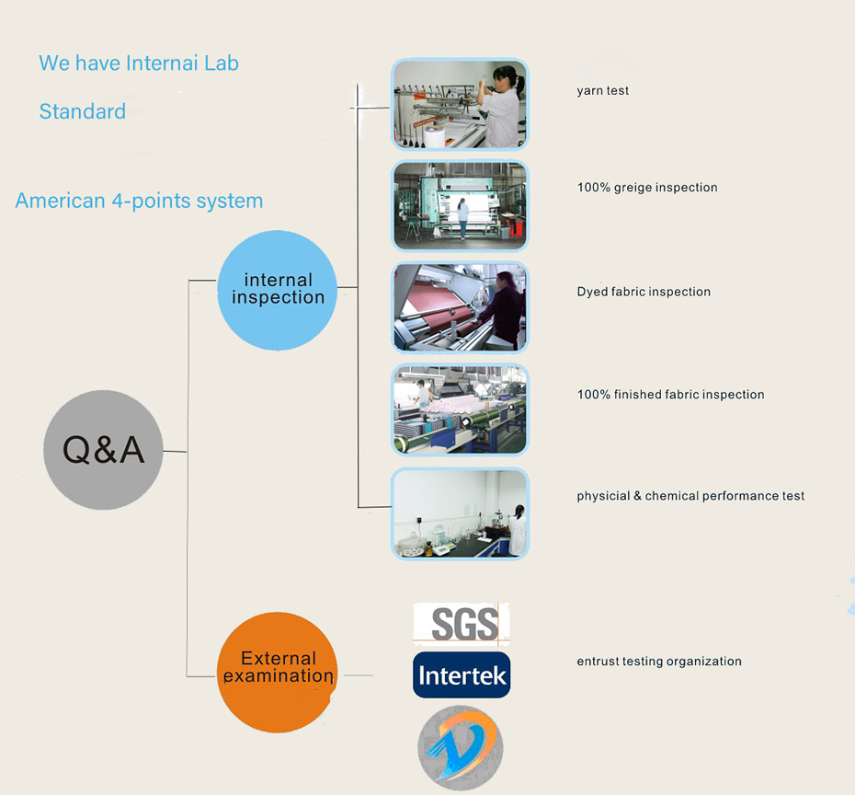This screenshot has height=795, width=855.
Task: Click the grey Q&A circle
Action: pyautogui.click(x=103, y=450)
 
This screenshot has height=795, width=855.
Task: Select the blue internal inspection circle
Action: pyautogui.click(x=278, y=290)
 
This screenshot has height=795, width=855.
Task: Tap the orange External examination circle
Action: pyautogui.click(x=278, y=673)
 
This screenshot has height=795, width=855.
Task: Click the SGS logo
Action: pyautogui.click(x=462, y=624)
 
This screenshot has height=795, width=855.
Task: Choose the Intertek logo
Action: pyautogui.click(x=462, y=675)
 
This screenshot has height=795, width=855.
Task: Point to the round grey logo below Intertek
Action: pyautogui.click(x=461, y=747)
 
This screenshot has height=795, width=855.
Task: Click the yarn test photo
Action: pyautogui.click(x=460, y=105)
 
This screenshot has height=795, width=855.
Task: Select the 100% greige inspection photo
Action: pyautogui.click(x=460, y=206)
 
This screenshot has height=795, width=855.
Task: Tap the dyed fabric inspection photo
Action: pyautogui.click(x=460, y=307)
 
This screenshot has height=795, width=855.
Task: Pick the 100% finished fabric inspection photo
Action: pyautogui.click(x=460, y=409)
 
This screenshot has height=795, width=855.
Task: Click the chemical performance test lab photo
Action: pyautogui.click(x=460, y=513)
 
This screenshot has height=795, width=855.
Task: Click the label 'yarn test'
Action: pyautogui.click(x=603, y=91)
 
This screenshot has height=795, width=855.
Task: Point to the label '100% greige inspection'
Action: pyautogui.click(x=647, y=188)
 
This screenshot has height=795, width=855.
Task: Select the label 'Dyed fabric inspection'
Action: pyautogui.click(x=644, y=292)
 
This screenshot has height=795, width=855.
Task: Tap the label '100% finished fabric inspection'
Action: pyautogui.click(x=670, y=395)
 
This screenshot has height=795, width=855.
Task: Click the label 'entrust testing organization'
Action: pyautogui.click(x=659, y=662)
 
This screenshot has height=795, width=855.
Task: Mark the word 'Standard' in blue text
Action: pyautogui.click(x=83, y=112)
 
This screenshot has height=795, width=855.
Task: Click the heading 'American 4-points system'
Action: pyautogui.click(x=139, y=202)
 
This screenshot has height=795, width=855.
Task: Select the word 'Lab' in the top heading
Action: pyautogui.click(x=222, y=63)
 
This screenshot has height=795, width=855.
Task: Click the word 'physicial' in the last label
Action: pyautogui.click(x=603, y=496)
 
